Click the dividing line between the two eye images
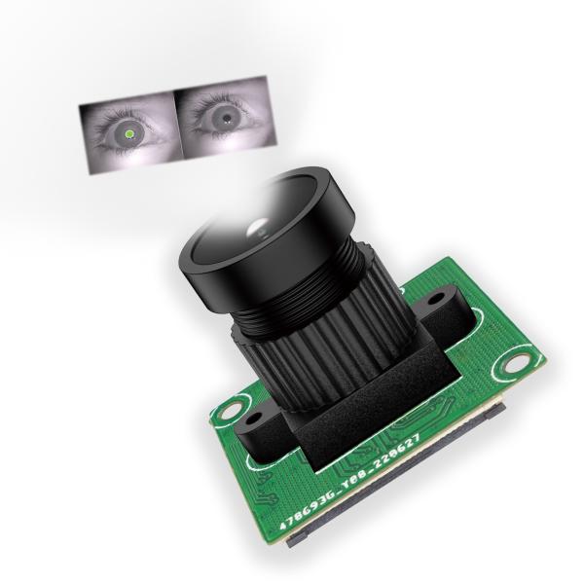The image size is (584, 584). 173,128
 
